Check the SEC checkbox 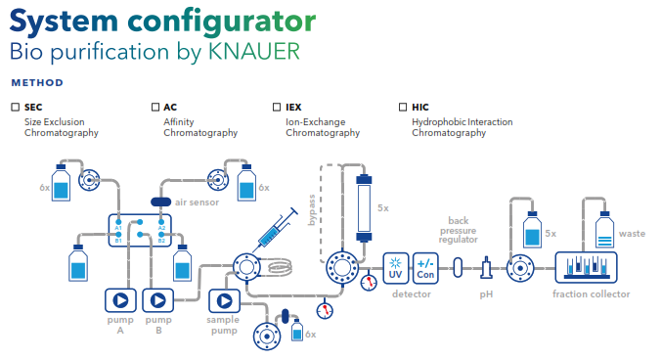[x=16, y=107]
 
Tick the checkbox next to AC [x=155, y=107]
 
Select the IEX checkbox [x=277, y=107]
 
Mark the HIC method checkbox [x=403, y=107]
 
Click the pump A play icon [x=120, y=300]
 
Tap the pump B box [x=158, y=300]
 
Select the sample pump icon [x=224, y=301]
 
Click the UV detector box [x=395, y=268]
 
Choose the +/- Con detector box [x=425, y=268]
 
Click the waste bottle [x=604, y=229]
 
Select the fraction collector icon [x=587, y=267]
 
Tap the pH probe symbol [x=487, y=268]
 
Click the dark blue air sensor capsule [x=161, y=202]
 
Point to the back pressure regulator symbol [x=458, y=268]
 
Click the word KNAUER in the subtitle [x=254, y=52]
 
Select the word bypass [x=312, y=210]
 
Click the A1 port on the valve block [x=118, y=222]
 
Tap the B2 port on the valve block [x=161, y=235]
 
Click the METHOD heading [x=37, y=82]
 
